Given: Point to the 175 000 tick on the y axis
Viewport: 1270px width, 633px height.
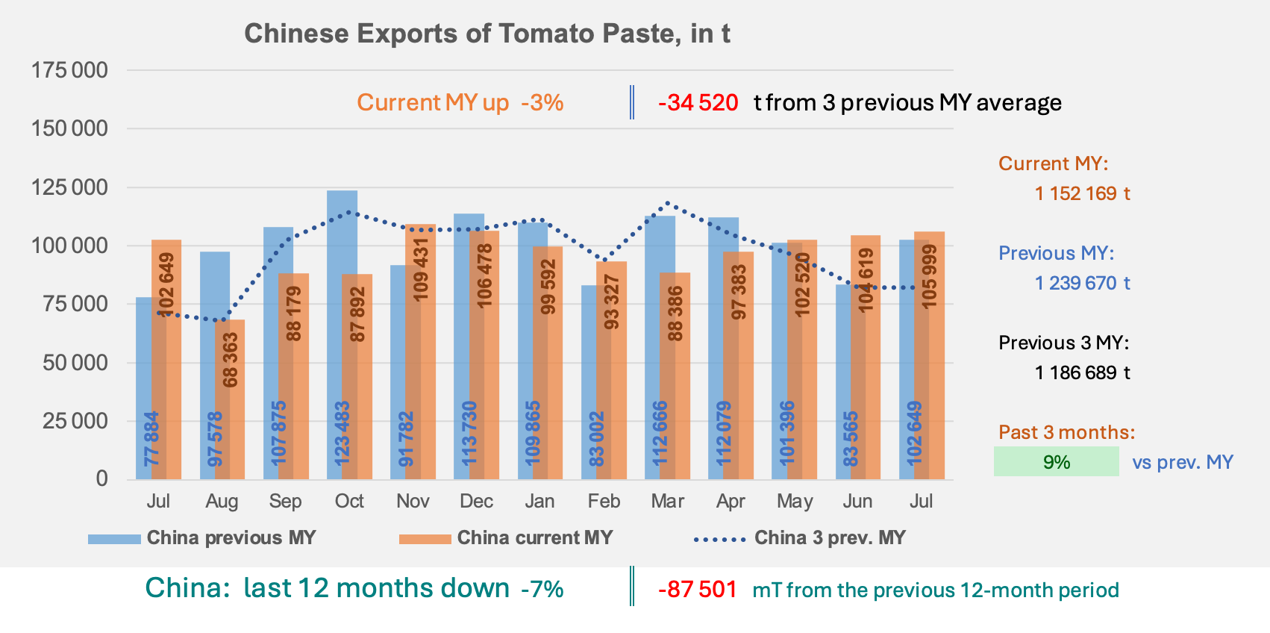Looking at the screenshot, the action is coord(69,70).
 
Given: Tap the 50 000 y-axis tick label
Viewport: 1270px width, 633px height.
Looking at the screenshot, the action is coord(75,363).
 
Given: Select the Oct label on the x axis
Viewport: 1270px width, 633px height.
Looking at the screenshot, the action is coord(349,501).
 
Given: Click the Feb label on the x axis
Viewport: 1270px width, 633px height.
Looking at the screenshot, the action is coord(604,501).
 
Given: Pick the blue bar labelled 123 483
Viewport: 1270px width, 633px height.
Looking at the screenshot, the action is coord(342,334).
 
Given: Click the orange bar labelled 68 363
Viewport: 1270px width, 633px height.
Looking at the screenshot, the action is coord(230,399).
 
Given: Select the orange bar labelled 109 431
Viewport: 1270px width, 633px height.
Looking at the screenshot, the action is coord(421,352).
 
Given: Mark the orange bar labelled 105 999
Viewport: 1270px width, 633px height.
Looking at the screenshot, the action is coord(929,355).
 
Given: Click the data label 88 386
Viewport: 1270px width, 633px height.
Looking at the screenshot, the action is coord(675,314).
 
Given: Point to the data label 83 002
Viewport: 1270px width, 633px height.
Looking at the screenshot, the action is coord(596,439).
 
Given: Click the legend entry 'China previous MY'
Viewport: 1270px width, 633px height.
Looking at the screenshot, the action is coord(201,537).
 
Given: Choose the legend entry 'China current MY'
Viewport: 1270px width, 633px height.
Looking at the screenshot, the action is coord(506,537).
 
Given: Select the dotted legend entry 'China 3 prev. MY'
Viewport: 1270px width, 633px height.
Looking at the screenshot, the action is coord(800,537).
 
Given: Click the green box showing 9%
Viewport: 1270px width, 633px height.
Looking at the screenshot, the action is coord(1057,462).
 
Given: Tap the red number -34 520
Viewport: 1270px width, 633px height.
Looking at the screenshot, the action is coord(698,103).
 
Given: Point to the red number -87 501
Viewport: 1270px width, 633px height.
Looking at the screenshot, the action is coord(698,590).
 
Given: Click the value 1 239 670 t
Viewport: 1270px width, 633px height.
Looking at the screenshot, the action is coord(1082,282).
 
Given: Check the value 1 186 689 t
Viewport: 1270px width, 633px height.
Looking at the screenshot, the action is coord(1082,372).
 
